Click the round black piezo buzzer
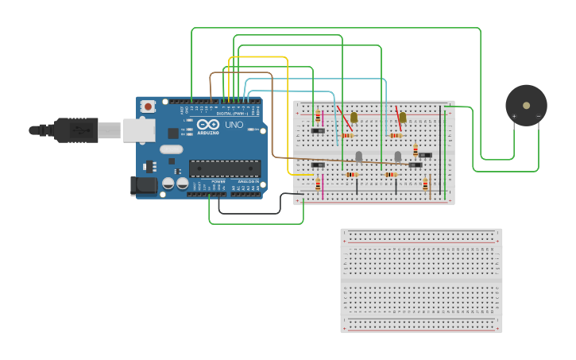pyautogui.click(x=526, y=105)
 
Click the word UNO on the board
pyautogui.click(x=234, y=125)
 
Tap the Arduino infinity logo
pyautogui.click(x=208, y=125)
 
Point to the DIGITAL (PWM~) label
pyautogui.click(x=230, y=114)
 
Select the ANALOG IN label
pyautogui.click(x=247, y=182)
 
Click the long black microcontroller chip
pyautogui.click(x=224, y=168)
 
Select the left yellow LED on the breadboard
pyautogui.click(x=354, y=118)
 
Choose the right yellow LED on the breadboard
pyautogui.click(x=402, y=118)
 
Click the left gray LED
pyautogui.click(x=358, y=157)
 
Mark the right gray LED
pyautogui.click(x=398, y=157)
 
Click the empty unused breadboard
pyautogui.click(x=421, y=280)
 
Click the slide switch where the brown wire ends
pyautogui.click(x=415, y=165)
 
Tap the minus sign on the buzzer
pyautogui.click(x=538, y=117)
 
